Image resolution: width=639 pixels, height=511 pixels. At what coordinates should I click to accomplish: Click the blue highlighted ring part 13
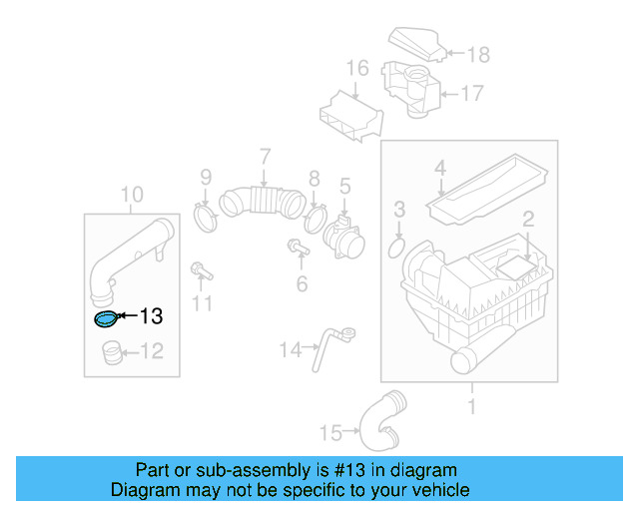tap(105, 318)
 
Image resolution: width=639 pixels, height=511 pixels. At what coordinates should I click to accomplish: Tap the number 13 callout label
tap(150, 317)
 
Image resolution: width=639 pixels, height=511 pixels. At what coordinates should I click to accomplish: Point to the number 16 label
tap(357, 69)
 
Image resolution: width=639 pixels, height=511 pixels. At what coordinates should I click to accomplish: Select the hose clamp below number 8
tap(316, 217)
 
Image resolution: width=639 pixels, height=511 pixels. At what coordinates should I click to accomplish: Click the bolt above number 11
tap(199, 269)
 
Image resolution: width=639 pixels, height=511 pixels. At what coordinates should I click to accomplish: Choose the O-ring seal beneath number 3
tap(396, 246)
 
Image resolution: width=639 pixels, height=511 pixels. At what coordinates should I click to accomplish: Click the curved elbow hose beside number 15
tap(382, 420)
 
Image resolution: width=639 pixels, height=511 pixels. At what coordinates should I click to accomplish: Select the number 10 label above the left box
tap(132, 194)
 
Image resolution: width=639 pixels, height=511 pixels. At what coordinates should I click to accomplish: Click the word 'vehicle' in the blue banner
tap(439, 490)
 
